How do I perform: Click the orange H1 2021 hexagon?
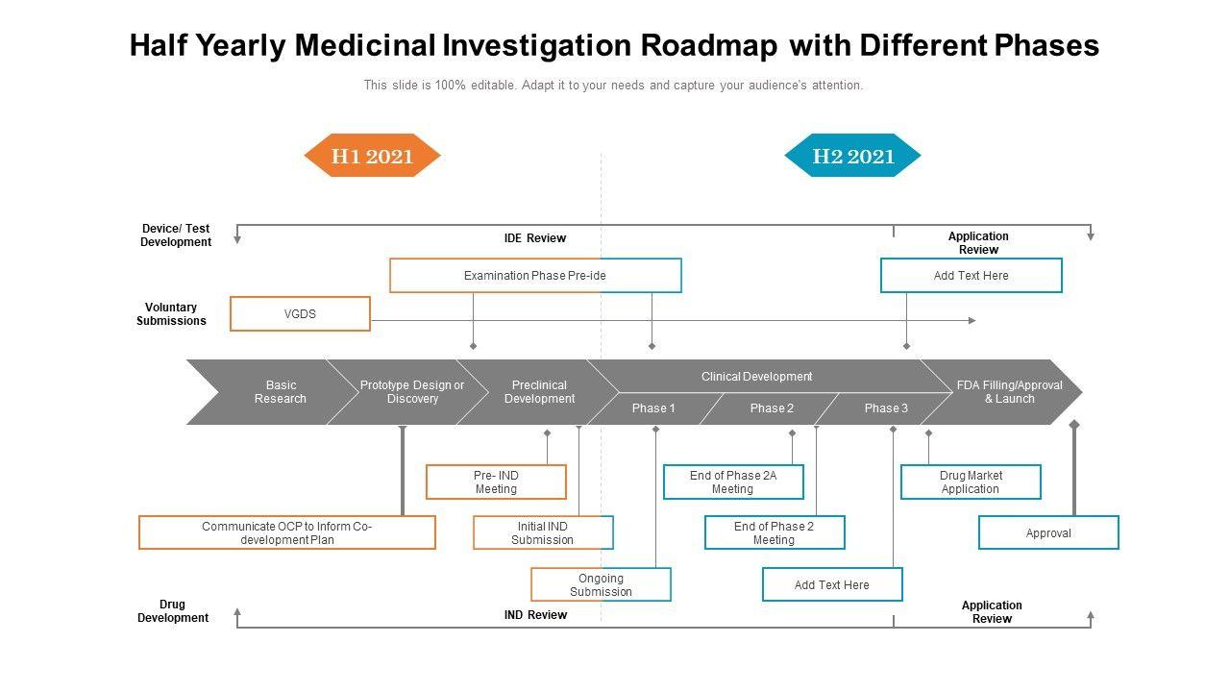[372, 156]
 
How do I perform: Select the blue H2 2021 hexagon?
[852, 156]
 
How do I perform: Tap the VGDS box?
[301, 314]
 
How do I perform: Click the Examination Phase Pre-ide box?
[535, 276]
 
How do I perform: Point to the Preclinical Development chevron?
[539, 392]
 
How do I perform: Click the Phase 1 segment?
[653, 408]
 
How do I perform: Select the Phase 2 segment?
[772, 408]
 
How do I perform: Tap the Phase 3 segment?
[886, 408]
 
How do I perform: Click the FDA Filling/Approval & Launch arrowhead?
[1009, 392]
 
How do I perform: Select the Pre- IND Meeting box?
[497, 482]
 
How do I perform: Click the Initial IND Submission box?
[543, 532]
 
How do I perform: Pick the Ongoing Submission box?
[602, 585]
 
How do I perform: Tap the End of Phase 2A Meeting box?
[733, 482]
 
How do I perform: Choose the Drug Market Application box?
[971, 482]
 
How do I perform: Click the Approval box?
[1048, 532]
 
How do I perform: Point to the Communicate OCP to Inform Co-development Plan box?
[287, 532]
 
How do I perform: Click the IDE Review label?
[535, 238]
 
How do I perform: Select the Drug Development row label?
[173, 611]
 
